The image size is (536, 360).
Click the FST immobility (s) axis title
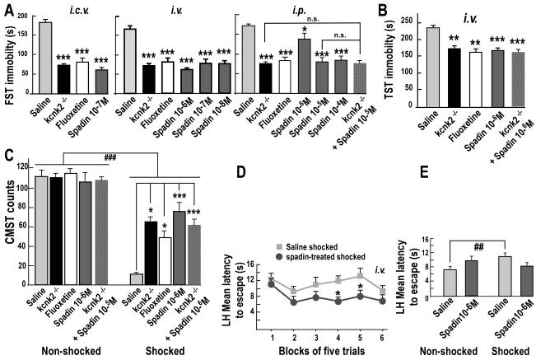point(10,58)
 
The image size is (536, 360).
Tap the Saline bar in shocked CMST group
point(137,277)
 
